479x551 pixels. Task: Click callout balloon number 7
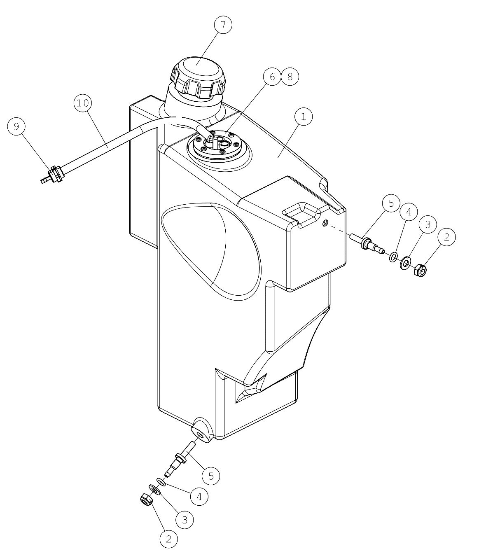pos(223,25)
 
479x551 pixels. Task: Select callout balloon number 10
pos(83,103)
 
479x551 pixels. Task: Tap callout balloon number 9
pos(16,126)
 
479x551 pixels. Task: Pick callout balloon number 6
pos(272,77)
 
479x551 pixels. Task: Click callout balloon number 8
pos(290,77)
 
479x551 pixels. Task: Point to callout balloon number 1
pos(304,117)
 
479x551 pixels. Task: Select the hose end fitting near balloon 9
pos(52,175)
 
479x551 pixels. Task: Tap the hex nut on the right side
pos(420,271)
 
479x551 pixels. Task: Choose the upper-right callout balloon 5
pos(391,203)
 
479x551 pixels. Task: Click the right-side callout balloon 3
pos(428,224)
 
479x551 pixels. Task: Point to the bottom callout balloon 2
pos(169,539)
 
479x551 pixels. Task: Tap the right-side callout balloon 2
pos(447,237)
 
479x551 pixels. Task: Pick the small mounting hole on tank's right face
pos(325,222)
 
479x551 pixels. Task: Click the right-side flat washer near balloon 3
pos(406,263)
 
